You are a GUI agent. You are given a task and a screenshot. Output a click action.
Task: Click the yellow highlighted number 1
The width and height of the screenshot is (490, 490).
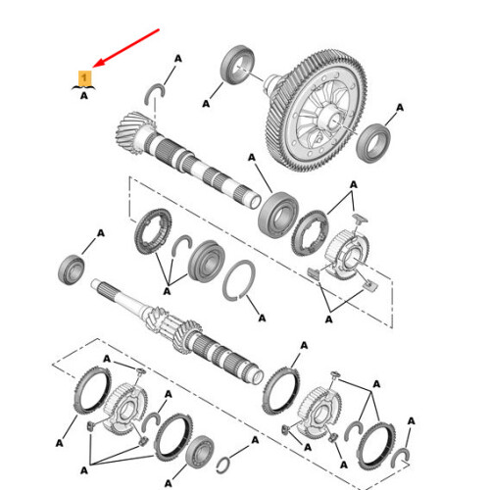pos(84,76)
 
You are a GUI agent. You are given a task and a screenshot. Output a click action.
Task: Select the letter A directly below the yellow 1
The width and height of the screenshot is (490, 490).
pos(84,96)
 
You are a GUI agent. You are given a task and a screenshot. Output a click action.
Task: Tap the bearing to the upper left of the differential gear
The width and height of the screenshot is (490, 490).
pos(239,67)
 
